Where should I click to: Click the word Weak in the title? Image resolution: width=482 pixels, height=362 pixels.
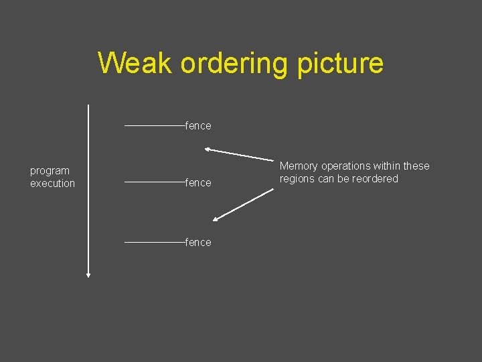click(x=135, y=63)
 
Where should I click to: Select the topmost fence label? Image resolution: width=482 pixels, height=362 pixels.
click(x=198, y=126)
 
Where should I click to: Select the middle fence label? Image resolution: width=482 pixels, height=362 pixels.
click(x=198, y=183)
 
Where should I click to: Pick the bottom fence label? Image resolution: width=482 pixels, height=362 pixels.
click(x=198, y=243)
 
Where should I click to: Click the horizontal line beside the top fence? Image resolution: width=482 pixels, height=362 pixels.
click(x=155, y=125)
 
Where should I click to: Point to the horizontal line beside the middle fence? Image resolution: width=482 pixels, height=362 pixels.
click(x=155, y=182)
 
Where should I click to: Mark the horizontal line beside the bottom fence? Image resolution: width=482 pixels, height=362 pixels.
click(x=155, y=242)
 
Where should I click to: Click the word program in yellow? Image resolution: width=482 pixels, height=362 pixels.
click(x=50, y=171)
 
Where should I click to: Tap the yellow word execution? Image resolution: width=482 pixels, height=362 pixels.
click(x=52, y=184)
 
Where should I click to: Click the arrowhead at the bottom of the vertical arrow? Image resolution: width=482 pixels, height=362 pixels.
click(x=88, y=274)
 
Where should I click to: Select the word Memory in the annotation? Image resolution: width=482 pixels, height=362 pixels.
click(x=299, y=166)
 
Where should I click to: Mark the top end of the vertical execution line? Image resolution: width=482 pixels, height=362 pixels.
click(x=88, y=106)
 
